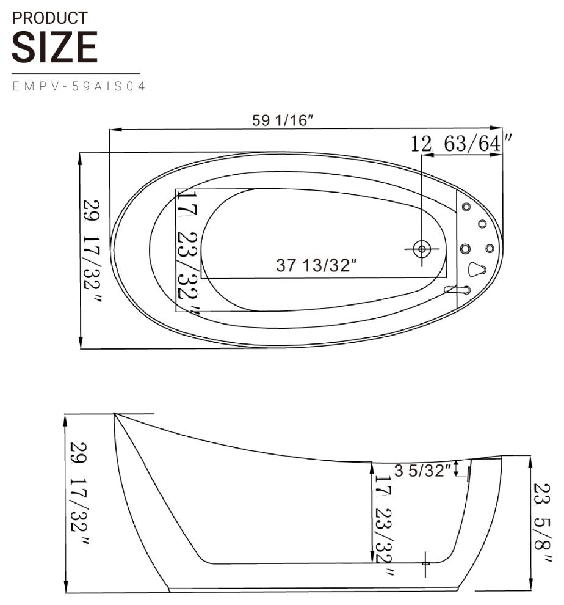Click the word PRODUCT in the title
(49, 18)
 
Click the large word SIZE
(54, 47)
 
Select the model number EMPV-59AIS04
(79, 86)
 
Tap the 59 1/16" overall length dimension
(283, 120)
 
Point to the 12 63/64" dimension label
(461, 144)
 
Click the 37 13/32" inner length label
(317, 265)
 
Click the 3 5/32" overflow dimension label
(422, 471)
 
